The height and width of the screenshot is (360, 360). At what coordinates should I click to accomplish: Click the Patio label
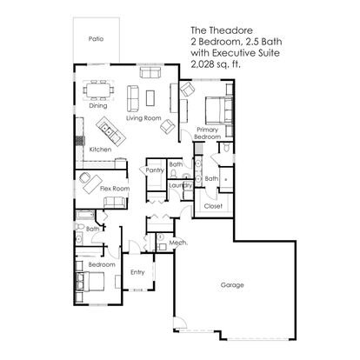point(96,38)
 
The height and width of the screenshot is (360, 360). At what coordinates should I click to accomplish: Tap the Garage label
point(232,285)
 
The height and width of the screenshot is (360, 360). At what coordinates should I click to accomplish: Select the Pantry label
point(155,170)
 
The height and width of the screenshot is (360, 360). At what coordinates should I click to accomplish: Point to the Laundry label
point(180,185)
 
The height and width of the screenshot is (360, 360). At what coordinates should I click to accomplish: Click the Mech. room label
point(178,243)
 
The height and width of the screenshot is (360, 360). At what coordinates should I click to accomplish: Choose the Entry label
point(137,272)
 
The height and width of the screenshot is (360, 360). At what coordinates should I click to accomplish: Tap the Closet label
point(213,206)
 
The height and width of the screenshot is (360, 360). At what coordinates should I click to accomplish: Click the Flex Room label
point(115,189)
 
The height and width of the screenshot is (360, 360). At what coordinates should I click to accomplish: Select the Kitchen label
point(100,150)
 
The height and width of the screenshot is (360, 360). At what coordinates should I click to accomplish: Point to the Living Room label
point(143,118)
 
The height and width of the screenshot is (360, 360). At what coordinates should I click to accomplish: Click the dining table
point(98,90)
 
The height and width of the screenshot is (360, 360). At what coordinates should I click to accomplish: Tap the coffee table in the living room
point(150,98)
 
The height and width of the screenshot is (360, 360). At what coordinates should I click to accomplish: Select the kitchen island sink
point(106,130)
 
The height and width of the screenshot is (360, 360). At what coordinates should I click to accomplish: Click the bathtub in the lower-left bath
point(85,216)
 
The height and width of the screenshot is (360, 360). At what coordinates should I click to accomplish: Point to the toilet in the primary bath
point(226,148)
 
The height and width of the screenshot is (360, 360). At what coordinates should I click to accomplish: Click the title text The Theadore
point(222,30)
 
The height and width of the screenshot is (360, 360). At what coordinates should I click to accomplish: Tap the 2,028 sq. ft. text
point(216,64)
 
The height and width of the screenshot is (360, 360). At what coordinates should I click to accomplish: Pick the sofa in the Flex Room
point(115,203)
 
